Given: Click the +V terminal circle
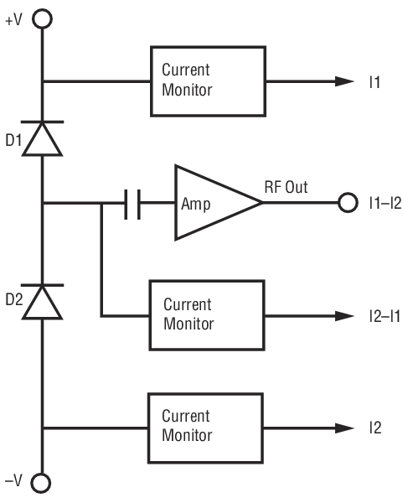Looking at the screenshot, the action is [x=42, y=19].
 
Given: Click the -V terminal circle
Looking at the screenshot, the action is [x=41, y=483].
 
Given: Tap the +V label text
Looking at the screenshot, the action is [x=13, y=20].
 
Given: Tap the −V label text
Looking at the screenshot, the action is [x=13, y=481].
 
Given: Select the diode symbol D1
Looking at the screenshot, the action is [x=42, y=138].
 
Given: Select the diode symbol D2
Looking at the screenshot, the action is [x=42, y=302].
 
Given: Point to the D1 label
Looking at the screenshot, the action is [x=13, y=140].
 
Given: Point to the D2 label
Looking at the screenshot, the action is [x=14, y=299].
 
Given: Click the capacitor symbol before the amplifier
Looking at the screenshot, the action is [x=132, y=205].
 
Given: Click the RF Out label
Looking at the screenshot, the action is [x=286, y=187].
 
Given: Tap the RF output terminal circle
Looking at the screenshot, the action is [x=348, y=202].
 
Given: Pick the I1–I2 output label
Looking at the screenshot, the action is [x=385, y=204].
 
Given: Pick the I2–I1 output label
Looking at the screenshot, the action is [x=385, y=317].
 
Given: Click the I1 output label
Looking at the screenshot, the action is [x=375, y=82].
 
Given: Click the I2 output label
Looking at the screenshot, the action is [x=375, y=428].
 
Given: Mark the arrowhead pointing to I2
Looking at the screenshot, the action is [x=344, y=428].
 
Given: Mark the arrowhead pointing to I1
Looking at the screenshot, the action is [x=344, y=81].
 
